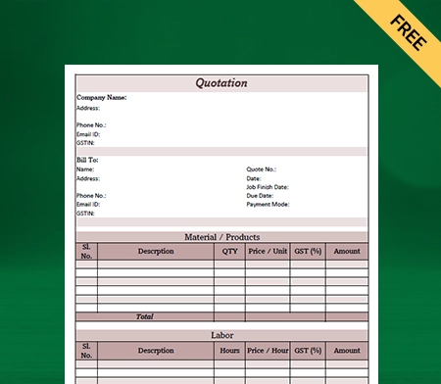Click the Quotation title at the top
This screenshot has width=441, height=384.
pos(221,83)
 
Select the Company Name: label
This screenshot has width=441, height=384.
pos(101,98)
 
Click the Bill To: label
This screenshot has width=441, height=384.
pos(87,160)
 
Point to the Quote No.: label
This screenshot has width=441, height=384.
pos(261,169)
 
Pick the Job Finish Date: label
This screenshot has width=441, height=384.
pos(267,186)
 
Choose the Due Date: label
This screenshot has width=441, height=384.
pos(260,195)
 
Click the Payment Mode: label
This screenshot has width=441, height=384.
pos(267,204)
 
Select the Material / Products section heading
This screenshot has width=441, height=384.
pos(221,237)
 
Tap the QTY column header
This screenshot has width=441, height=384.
pos(229,251)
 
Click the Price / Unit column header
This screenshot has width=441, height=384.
pos(268,251)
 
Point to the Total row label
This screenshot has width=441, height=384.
pos(144,316)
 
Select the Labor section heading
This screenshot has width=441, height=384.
pos(221,335)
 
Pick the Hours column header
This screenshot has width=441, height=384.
pos(229,350)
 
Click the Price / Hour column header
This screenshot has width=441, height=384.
pos(268,350)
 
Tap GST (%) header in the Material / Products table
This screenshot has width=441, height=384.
pos(308,251)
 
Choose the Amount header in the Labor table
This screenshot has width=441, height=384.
pos(347,350)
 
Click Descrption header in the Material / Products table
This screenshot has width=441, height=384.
pos(156,251)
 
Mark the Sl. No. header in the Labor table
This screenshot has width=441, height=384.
pos(86,350)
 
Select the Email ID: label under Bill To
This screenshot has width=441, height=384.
pos(88,204)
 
